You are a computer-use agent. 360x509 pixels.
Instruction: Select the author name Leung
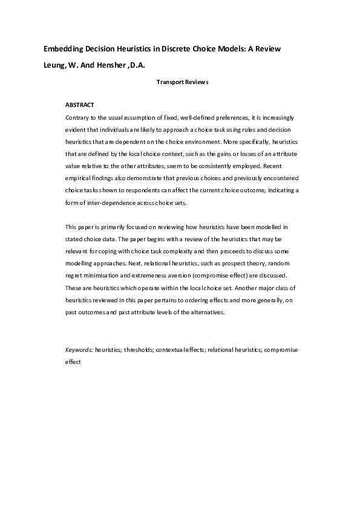click(54, 64)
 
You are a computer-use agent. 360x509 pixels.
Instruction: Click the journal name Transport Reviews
click(182, 82)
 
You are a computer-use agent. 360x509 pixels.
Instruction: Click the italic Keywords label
click(79, 350)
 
